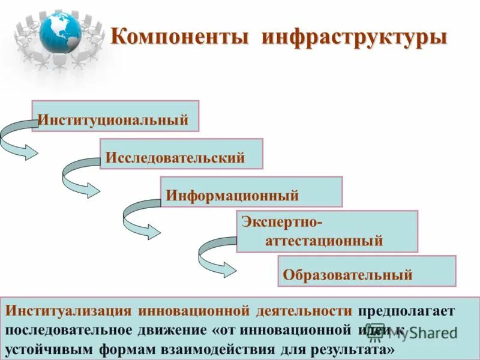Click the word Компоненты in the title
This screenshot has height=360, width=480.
coord(179,37)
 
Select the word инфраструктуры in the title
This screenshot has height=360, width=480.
coord(354,37)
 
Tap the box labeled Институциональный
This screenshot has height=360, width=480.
coord(115,116)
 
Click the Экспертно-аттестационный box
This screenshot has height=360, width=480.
coord(326,231)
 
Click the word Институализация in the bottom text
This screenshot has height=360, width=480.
coord(68,311)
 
